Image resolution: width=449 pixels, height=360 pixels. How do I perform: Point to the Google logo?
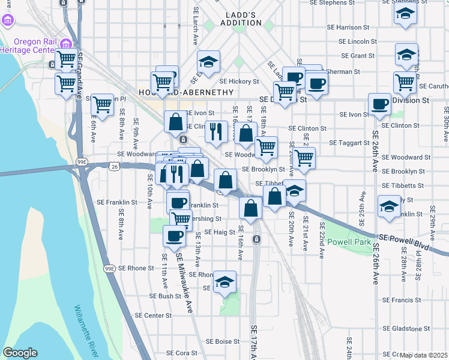[x=20, y=353]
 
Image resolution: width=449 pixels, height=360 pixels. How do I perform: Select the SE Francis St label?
[x=402, y=300]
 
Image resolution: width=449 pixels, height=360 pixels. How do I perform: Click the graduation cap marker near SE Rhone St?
[x=224, y=281]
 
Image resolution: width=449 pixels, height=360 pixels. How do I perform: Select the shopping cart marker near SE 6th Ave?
[x=103, y=104]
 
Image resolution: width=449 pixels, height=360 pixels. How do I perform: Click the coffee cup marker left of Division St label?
[x=379, y=104]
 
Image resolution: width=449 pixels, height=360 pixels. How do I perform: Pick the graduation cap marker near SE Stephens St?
[x=406, y=13]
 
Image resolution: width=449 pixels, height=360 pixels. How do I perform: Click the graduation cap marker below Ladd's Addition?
[x=208, y=61]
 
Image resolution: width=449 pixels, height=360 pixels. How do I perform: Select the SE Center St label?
[x=153, y=315]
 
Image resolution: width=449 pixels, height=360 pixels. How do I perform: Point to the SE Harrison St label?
[x=349, y=28]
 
